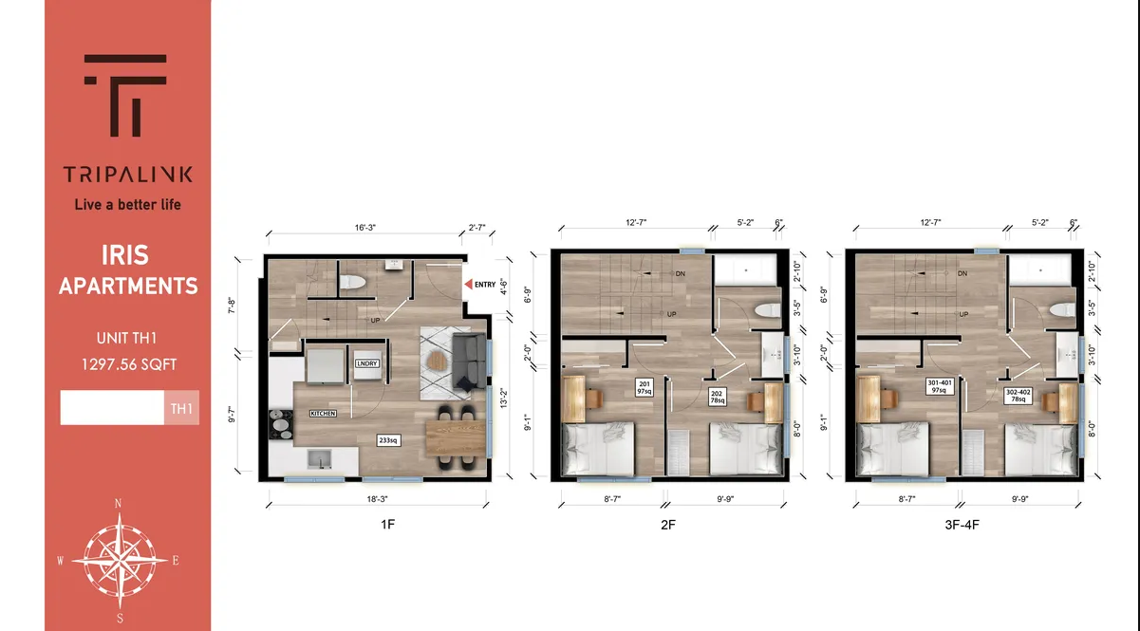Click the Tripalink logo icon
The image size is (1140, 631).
[126, 95]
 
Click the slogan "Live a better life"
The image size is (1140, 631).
[127, 204]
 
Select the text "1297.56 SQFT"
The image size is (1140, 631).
[127, 363]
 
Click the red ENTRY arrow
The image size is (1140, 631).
[468, 284]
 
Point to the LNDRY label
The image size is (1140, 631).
[366, 363]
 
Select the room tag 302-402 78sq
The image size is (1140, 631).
[1018, 394]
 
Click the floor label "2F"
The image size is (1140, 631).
[668, 524]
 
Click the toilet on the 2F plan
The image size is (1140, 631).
[764, 311]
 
